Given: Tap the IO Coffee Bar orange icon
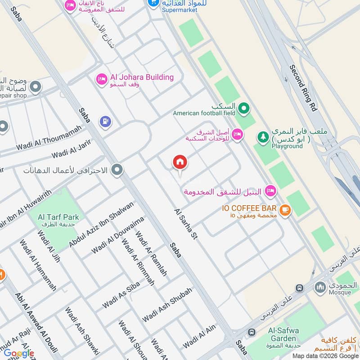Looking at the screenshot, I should (x=284, y=209).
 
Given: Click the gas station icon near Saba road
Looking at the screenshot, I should (x=105, y=121).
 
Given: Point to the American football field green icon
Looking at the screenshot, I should (x=244, y=108).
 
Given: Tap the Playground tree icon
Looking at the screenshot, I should (x=262, y=135).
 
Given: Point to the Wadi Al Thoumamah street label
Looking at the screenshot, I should (x=49, y=138).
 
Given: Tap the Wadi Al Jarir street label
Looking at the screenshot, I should (x=72, y=150).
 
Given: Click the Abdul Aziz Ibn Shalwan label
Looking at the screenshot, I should (x=101, y=225).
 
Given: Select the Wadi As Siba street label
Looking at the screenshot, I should (x=121, y=295).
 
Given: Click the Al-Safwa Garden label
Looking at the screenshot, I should (x=283, y=334).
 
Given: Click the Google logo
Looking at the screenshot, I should (x=18, y=353).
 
